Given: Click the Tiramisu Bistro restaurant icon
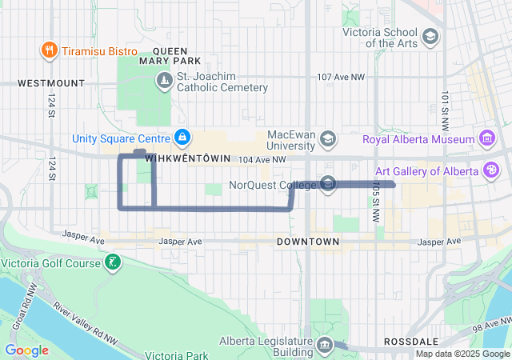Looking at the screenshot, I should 50,51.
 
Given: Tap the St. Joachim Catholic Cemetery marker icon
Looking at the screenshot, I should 164,81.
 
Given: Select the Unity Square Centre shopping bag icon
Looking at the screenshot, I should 182,138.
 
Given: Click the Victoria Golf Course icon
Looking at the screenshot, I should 114,263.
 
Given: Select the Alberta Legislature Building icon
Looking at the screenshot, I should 325,346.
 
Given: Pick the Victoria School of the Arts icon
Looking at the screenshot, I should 430,37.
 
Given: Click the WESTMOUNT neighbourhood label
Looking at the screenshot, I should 50,82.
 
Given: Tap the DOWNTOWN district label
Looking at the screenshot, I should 308,241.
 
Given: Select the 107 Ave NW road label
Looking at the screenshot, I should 341,78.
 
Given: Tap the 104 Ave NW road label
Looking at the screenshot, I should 262,160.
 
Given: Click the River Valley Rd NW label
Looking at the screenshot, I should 84,322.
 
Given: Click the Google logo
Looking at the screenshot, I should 26,350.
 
